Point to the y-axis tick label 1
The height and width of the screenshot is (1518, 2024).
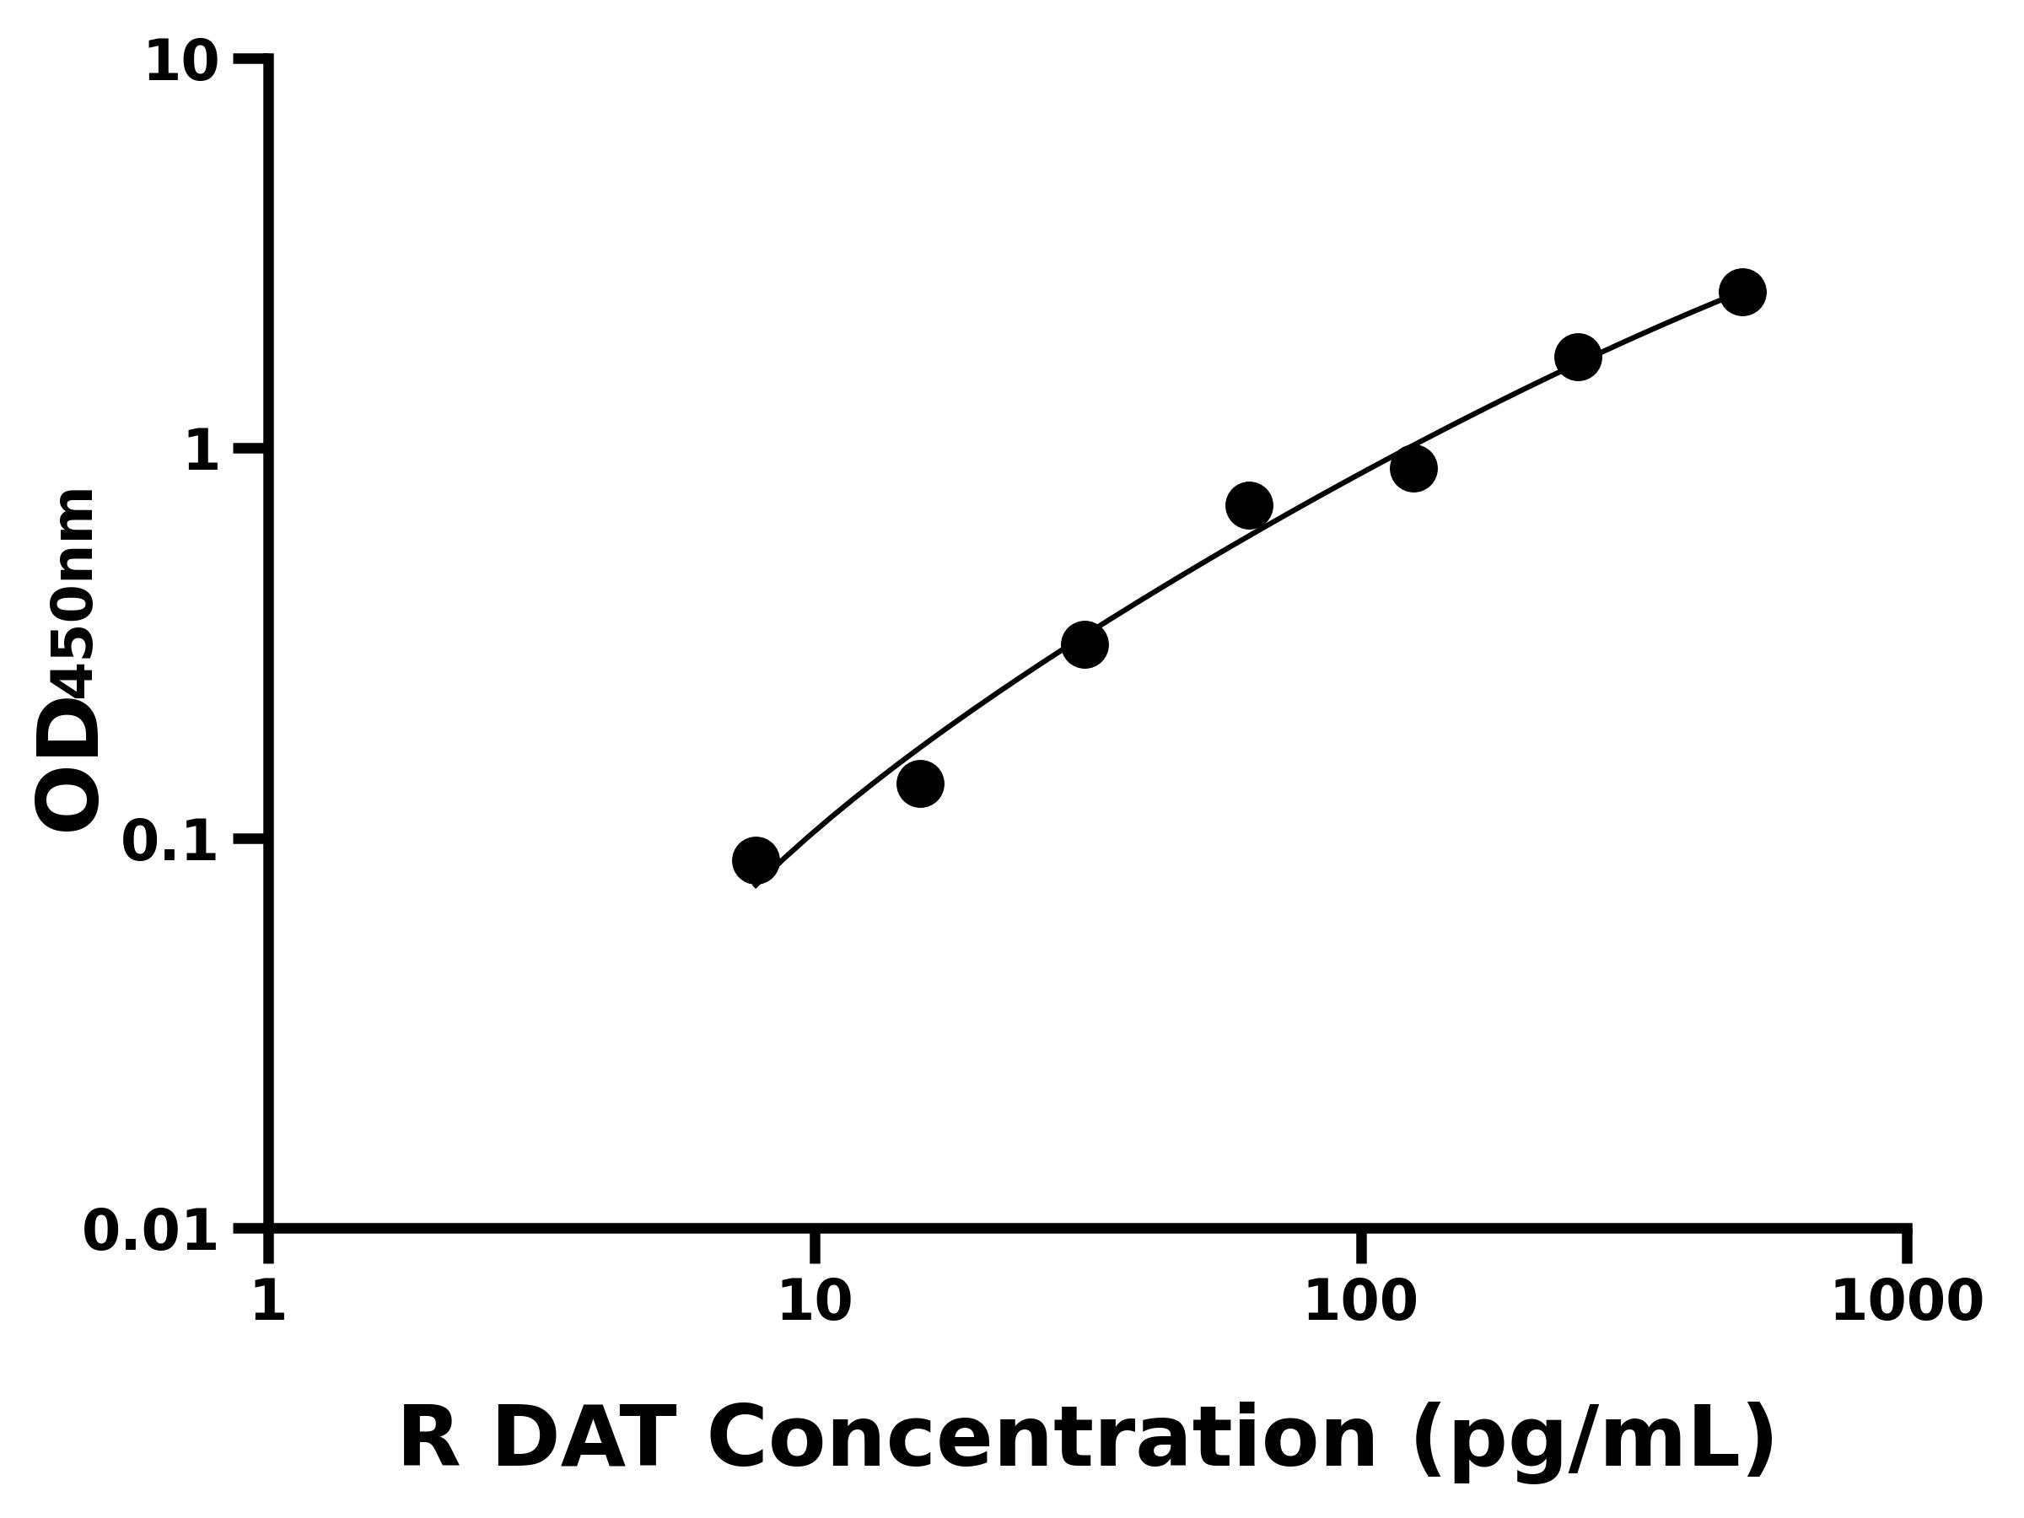202,452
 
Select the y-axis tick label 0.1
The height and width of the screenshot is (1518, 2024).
170,842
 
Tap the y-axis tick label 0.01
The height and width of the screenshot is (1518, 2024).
151,1231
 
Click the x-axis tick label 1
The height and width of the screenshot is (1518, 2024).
269,1301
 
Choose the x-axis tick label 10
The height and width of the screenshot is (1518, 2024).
815,1301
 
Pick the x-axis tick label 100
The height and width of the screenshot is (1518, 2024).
1360,1301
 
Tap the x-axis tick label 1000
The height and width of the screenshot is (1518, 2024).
1907,1301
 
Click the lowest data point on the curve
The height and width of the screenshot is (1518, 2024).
756,860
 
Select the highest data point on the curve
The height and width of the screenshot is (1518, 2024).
1742,292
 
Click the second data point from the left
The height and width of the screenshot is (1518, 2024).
919,784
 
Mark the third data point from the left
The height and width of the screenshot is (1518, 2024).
1085,644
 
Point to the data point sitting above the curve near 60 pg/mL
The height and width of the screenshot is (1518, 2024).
1248,505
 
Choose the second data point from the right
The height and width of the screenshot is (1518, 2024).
1578,356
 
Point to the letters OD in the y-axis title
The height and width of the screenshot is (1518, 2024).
67,763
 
